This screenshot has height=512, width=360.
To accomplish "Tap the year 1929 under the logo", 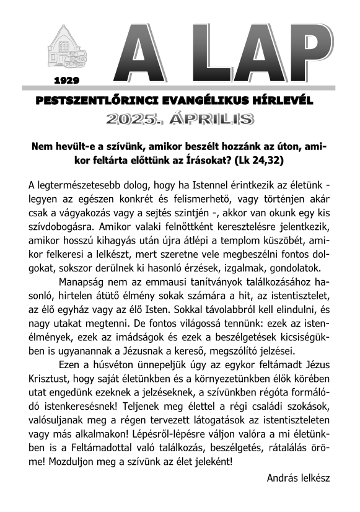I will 67,80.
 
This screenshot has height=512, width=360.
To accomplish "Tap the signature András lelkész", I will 298,478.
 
